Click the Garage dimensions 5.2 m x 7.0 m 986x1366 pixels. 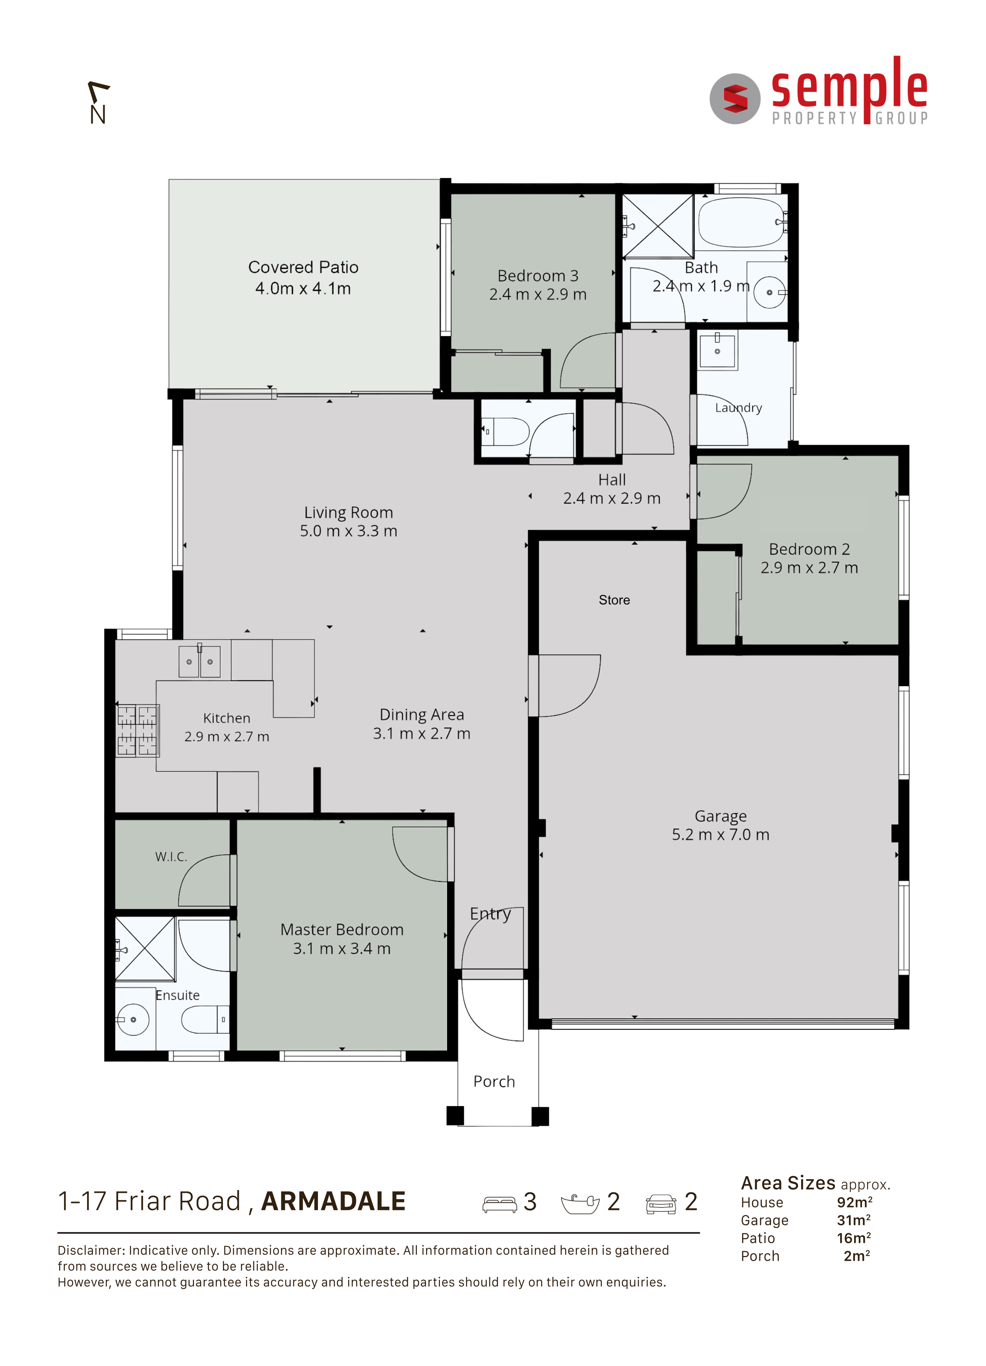coord(721,835)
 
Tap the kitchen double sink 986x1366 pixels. coord(200,661)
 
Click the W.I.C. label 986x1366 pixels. coord(171,857)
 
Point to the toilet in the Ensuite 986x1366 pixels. coord(205,1020)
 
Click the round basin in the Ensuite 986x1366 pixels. coord(133,1020)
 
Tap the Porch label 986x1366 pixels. coord(494,1082)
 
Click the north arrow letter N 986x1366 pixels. coord(98,114)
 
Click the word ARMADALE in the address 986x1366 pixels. coord(333,1201)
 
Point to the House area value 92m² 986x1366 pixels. coord(854,1202)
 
